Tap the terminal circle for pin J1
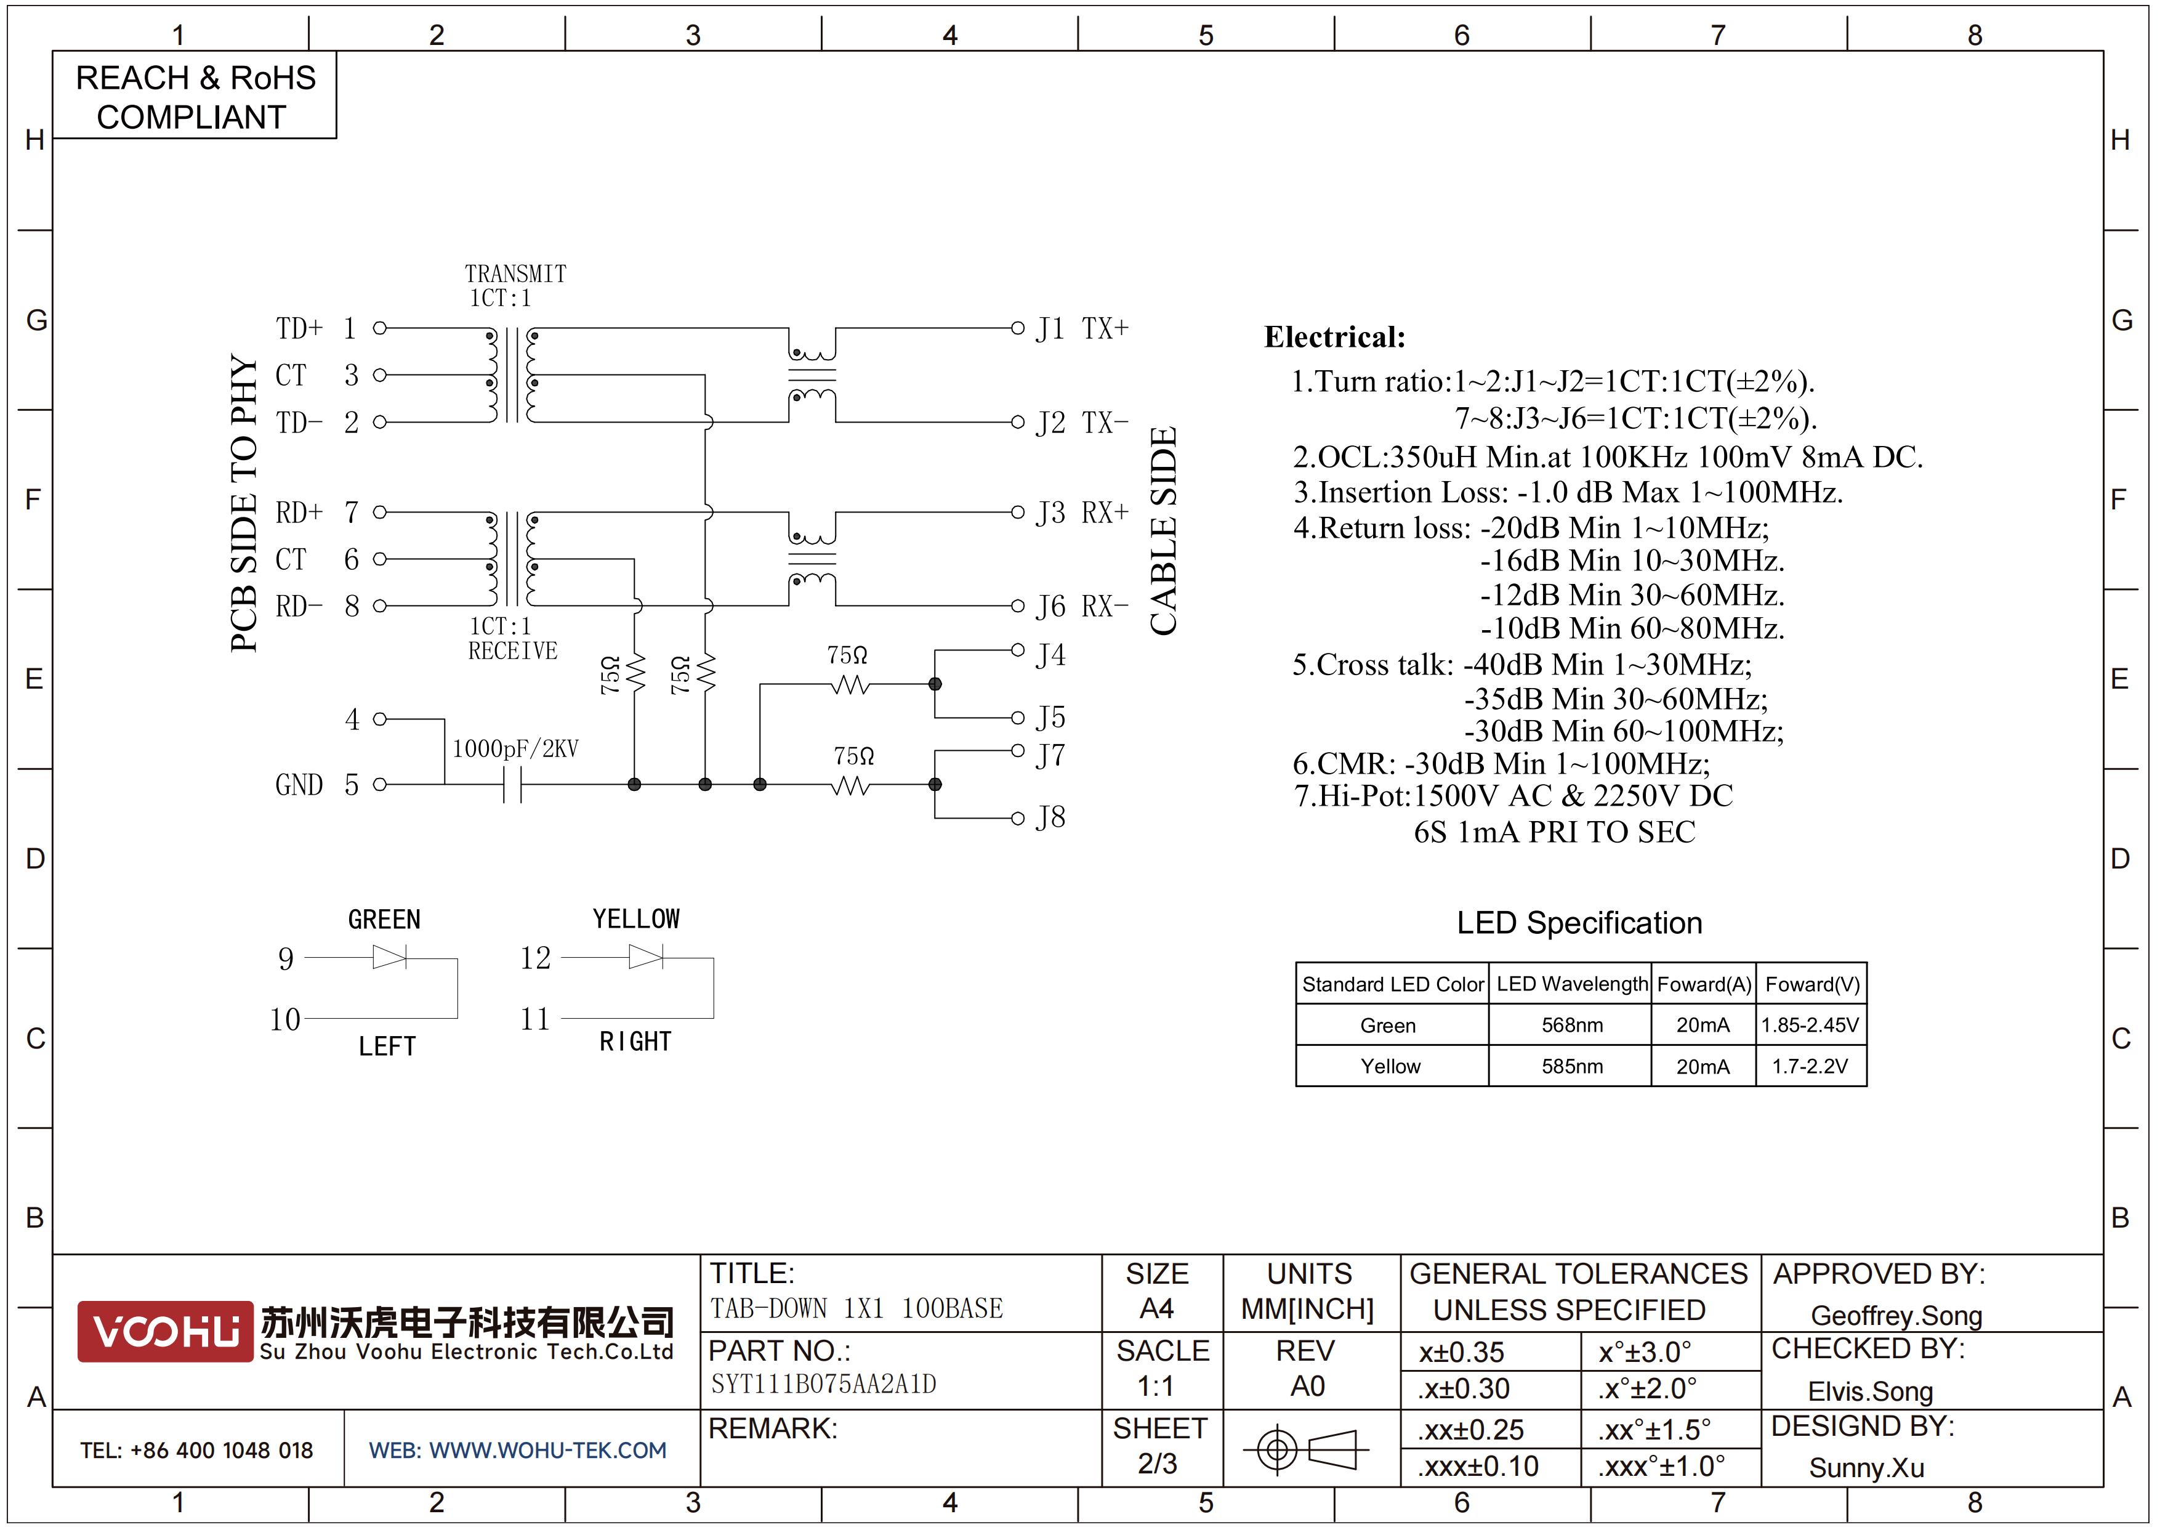1017,328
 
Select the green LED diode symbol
390,958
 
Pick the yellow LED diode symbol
645,958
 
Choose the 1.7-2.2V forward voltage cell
1811,1066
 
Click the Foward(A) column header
1704,984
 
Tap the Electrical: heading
1334,337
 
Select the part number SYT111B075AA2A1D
823,1384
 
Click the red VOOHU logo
166,1331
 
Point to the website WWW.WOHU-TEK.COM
547,1450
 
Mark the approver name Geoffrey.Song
1896,1315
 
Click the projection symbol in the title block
1306,1449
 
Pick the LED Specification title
1579,923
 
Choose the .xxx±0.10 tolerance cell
1478,1466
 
